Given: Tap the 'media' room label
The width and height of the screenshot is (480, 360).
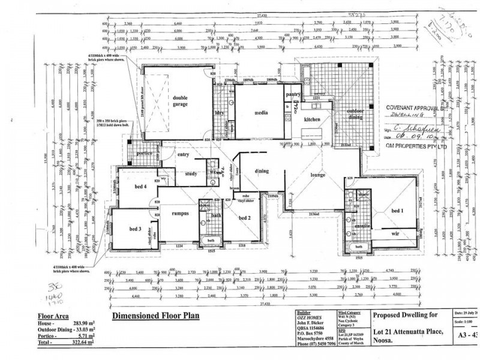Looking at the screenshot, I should tap(260, 112).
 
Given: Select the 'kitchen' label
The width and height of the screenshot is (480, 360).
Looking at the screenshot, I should tap(314, 120).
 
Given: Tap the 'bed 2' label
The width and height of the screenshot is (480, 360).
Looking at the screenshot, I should tap(244, 217).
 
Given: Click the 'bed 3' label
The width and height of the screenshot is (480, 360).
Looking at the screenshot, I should tap(134, 229).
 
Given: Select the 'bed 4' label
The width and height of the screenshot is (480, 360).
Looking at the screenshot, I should tap(140, 187).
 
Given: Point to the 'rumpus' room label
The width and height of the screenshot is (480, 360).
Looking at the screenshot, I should tap(182, 213).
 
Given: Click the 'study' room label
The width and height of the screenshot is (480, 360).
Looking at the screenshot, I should tap(191, 175).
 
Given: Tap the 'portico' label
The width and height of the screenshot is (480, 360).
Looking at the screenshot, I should tap(144, 152).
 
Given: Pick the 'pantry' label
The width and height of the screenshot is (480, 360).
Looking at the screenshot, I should tap(293, 94).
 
